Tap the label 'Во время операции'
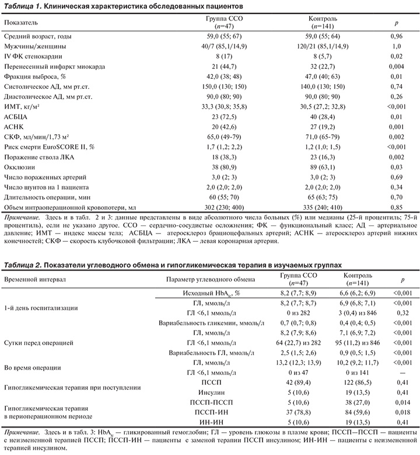click(33, 367)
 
